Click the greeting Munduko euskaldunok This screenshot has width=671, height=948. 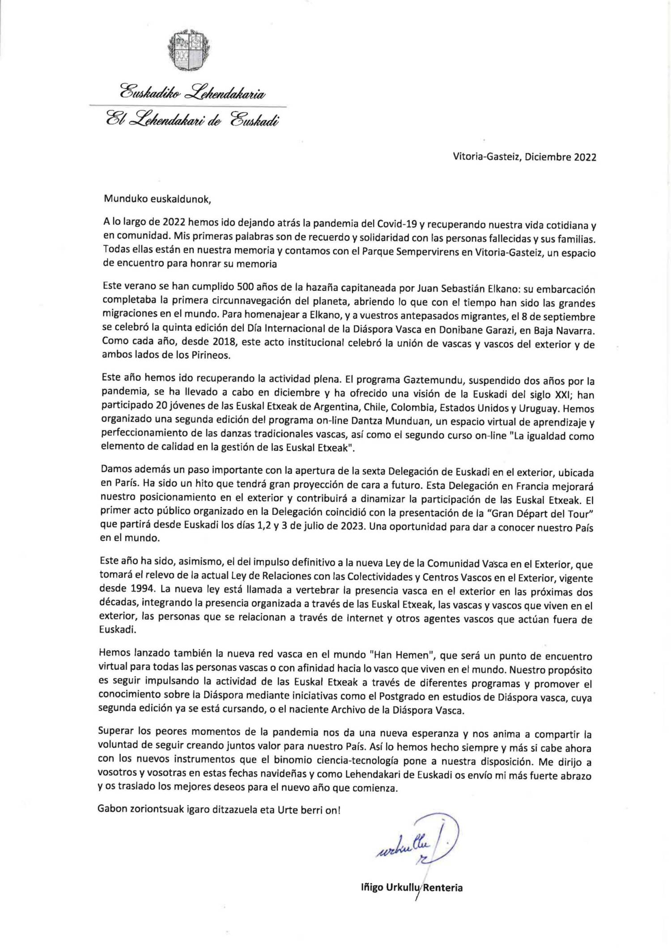156,199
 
